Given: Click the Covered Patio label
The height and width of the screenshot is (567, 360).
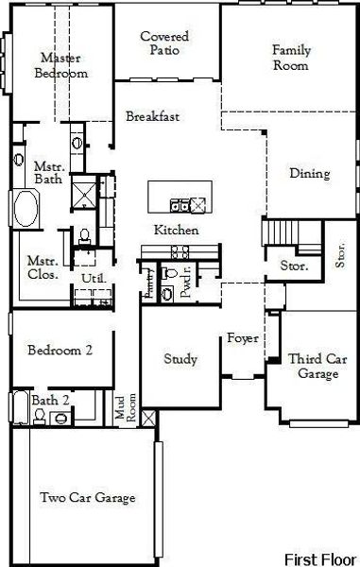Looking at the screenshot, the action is tap(164, 43).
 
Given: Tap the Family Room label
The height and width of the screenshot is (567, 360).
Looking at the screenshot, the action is tap(291, 58).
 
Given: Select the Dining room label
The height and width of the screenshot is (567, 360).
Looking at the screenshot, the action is tap(310, 174).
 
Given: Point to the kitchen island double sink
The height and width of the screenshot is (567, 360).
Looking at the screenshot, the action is tap(180, 206).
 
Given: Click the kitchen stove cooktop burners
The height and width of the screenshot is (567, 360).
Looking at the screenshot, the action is tap(180, 252).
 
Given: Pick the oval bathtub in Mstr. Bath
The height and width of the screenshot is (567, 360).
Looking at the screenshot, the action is tap(26, 209).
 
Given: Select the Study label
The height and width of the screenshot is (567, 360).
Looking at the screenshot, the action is tap(180, 359).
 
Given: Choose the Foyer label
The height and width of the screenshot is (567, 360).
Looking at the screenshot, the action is tap(243, 338).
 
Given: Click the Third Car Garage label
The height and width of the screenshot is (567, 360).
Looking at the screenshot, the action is tap(317, 366).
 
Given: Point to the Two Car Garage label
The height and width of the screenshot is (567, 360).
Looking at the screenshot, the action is tap(88, 498).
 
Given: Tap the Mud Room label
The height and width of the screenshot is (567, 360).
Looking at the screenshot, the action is tap(126, 407).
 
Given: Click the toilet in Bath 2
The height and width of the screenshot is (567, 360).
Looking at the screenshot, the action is tap(39, 416).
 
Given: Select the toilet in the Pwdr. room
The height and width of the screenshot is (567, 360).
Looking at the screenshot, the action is tap(169, 273).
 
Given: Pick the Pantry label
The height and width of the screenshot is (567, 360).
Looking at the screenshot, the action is tap(149, 283).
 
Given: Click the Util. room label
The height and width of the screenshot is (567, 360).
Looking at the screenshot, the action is tap(94, 279).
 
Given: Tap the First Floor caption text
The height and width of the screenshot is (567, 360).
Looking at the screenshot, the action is tap(320, 559).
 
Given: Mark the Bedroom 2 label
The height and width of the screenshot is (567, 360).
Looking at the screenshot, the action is tap(60, 350).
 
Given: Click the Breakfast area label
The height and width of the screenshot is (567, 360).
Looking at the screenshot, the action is tap(152, 116).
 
